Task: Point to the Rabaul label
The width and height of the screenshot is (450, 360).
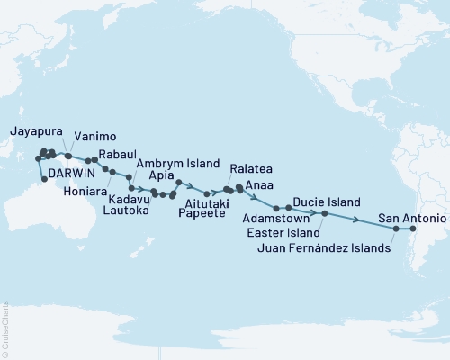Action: click(117, 154)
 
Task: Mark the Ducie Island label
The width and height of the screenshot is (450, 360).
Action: click(329, 202)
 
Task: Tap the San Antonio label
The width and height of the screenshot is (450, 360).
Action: click(410, 218)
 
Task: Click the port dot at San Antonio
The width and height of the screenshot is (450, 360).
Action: click(413, 229)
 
